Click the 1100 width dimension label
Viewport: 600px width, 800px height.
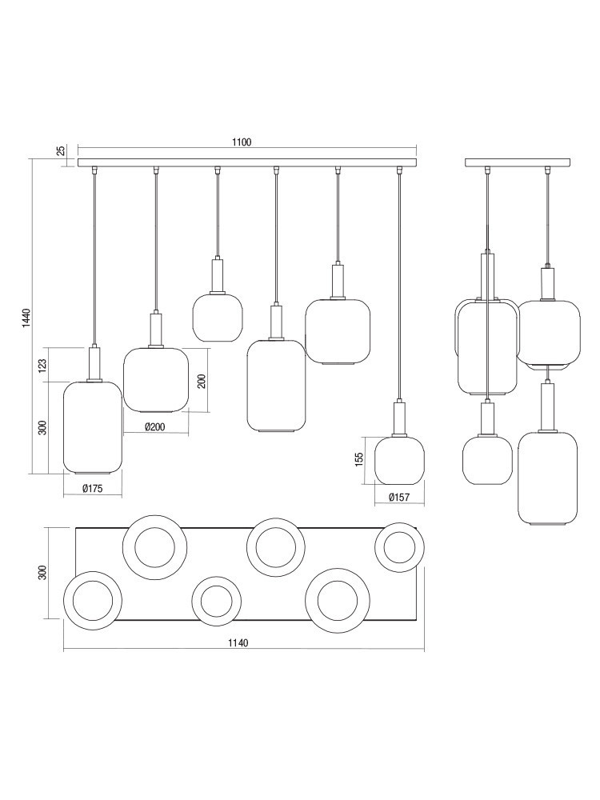coord(242,142)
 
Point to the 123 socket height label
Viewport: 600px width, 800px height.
coord(42,364)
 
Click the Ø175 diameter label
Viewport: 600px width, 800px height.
coord(93,488)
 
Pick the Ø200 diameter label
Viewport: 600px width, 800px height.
coord(154,427)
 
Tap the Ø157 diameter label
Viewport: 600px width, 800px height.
coord(398,498)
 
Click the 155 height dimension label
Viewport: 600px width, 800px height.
coord(359,460)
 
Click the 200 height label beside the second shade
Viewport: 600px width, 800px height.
coord(202,381)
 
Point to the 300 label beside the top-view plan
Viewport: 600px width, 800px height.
coord(42,573)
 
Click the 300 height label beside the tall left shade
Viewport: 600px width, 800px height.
coord(42,427)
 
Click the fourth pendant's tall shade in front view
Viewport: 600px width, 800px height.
coord(276,386)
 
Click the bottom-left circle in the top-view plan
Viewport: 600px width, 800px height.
coord(94,599)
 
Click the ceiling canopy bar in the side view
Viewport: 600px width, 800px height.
coord(518,162)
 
